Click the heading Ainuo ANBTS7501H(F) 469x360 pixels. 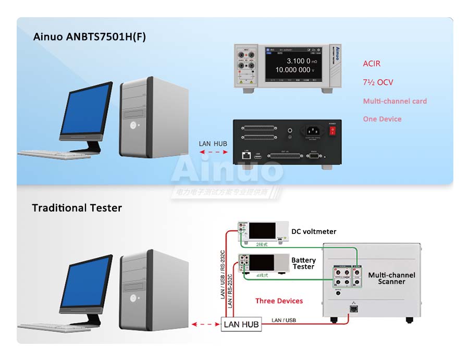pos(89,37)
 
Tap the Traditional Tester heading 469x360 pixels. pos(77,208)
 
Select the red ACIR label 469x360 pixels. pos(372,64)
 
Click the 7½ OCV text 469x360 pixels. pos(378,82)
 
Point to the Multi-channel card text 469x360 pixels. pos(394,101)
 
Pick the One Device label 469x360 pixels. pos(382,119)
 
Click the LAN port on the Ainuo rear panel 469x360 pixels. pos(246,155)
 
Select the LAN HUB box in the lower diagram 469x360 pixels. pos(241,325)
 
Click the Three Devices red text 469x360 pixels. pos(279,301)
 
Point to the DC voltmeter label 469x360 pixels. pos(313,231)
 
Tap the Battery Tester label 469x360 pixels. pos(303,263)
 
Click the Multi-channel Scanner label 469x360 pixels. pos(391,278)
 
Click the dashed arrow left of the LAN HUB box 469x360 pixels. pos(205,325)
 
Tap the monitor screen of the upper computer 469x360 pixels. pos(85,109)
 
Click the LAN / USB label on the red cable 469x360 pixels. pos(283,320)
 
